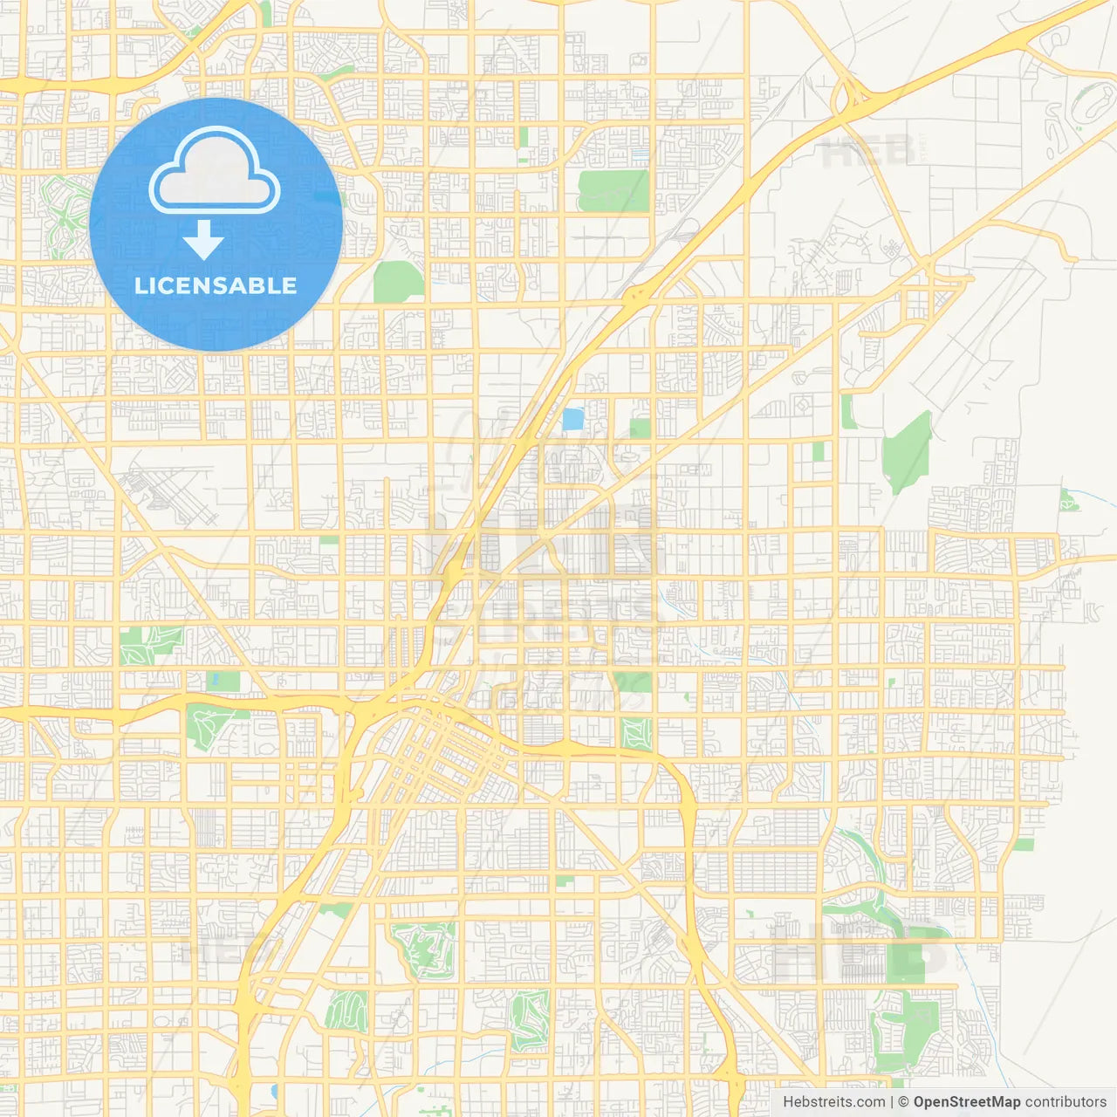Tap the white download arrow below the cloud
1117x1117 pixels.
[x=203, y=240]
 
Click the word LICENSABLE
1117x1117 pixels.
[x=216, y=285]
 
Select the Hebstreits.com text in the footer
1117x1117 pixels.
[x=833, y=1102]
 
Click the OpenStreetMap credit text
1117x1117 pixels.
[x=966, y=1102]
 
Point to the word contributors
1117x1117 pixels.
[x=1066, y=1102]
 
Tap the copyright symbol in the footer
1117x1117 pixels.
[x=904, y=1102]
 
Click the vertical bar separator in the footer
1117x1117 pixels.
[x=893, y=1102]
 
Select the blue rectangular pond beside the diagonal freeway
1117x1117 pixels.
[x=572, y=420]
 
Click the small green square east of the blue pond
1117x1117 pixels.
[x=641, y=428]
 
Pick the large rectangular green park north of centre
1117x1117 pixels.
[x=613, y=191]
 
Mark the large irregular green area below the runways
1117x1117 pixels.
[x=907, y=450]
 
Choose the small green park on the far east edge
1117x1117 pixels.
[x=1068, y=501]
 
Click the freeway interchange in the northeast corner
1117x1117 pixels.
[x=851, y=99]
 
